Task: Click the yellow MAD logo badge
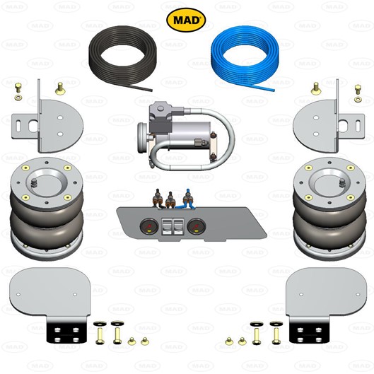point(186,20)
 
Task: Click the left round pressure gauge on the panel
point(149,226)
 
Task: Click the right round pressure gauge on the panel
point(197,226)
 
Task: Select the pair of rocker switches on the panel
point(173,227)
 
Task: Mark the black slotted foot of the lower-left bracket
point(66,330)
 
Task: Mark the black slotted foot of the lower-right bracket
point(308,330)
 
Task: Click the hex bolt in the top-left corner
point(18,88)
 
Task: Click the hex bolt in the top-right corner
point(358,89)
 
